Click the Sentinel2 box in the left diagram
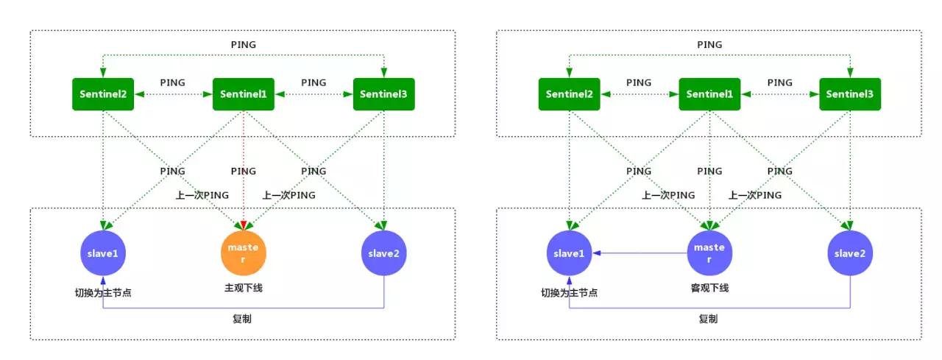[x=103, y=94]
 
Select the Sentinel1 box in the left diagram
[x=244, y=94]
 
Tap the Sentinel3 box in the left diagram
[x=384, y=94]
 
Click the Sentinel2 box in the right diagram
[x=569, y=94]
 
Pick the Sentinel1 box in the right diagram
[x=709, y=94]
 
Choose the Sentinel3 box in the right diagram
[x=850, y=94]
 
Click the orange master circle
[x=244, y=253]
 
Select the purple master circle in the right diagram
[x=709, y=253]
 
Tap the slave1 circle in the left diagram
[x=103, y=253]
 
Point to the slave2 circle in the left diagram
[x=384, y=253]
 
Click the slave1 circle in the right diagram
[x=569, y=253]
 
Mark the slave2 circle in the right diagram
[x=850, y=253]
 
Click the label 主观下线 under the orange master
[x=244, y=288]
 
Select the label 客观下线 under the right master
[x=709, y=288]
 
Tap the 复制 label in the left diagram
[x=244, y=319]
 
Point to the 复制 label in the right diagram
[x=709, y=319]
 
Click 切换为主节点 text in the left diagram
[x=103, y=293]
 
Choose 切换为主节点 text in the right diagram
[x=569, y=293]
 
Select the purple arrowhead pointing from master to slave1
[x=597, y=253]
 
